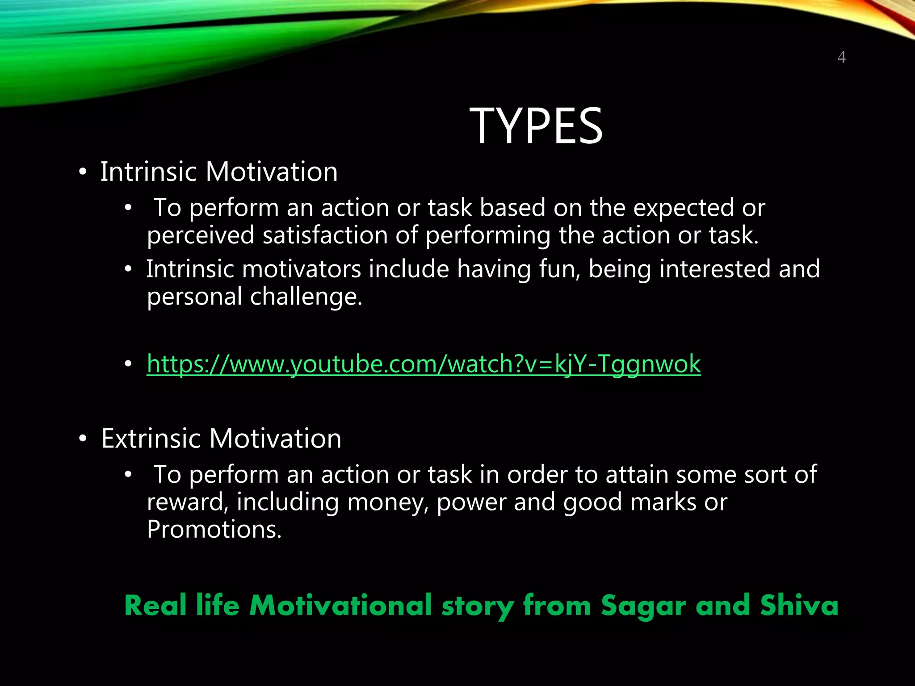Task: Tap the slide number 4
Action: point(841,58)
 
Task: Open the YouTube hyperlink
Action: point(424,364)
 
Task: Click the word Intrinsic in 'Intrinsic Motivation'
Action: point(148,171)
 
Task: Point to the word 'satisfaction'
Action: point(325,235)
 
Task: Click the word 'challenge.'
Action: point(306,297)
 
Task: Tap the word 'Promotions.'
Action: point(214,530)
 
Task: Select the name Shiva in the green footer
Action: point(799,606)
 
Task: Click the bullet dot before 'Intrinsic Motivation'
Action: point(82,173)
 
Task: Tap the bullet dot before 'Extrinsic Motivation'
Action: point(82,439)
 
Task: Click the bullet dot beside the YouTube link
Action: point(128,364)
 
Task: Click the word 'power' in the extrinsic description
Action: point(471,503)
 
